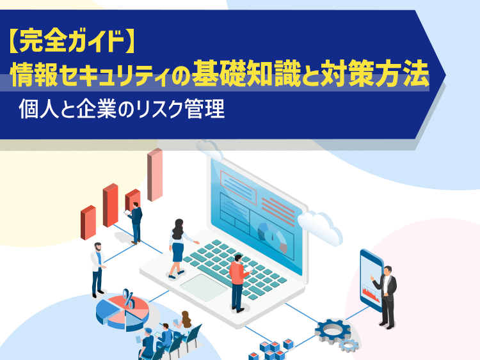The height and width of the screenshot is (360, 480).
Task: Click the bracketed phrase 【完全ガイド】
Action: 70,42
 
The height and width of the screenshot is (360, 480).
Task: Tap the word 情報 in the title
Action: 34,75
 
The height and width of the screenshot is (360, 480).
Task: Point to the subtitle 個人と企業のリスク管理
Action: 122,109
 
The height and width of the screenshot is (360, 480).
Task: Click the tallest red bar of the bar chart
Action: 155,175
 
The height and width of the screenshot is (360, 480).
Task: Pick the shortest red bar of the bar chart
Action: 88,223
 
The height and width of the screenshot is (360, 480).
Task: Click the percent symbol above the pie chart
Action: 129,298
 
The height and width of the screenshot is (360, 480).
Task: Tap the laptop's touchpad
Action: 204,287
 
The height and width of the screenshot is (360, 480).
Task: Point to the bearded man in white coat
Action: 98,270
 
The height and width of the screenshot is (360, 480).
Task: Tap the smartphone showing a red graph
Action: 371,281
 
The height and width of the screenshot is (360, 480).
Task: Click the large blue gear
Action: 332,331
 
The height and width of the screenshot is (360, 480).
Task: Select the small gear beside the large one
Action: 349,345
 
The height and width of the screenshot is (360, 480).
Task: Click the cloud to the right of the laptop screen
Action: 320,226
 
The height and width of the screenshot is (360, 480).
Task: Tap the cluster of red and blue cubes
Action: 271,350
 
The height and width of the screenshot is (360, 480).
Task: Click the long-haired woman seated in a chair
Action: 184,322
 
